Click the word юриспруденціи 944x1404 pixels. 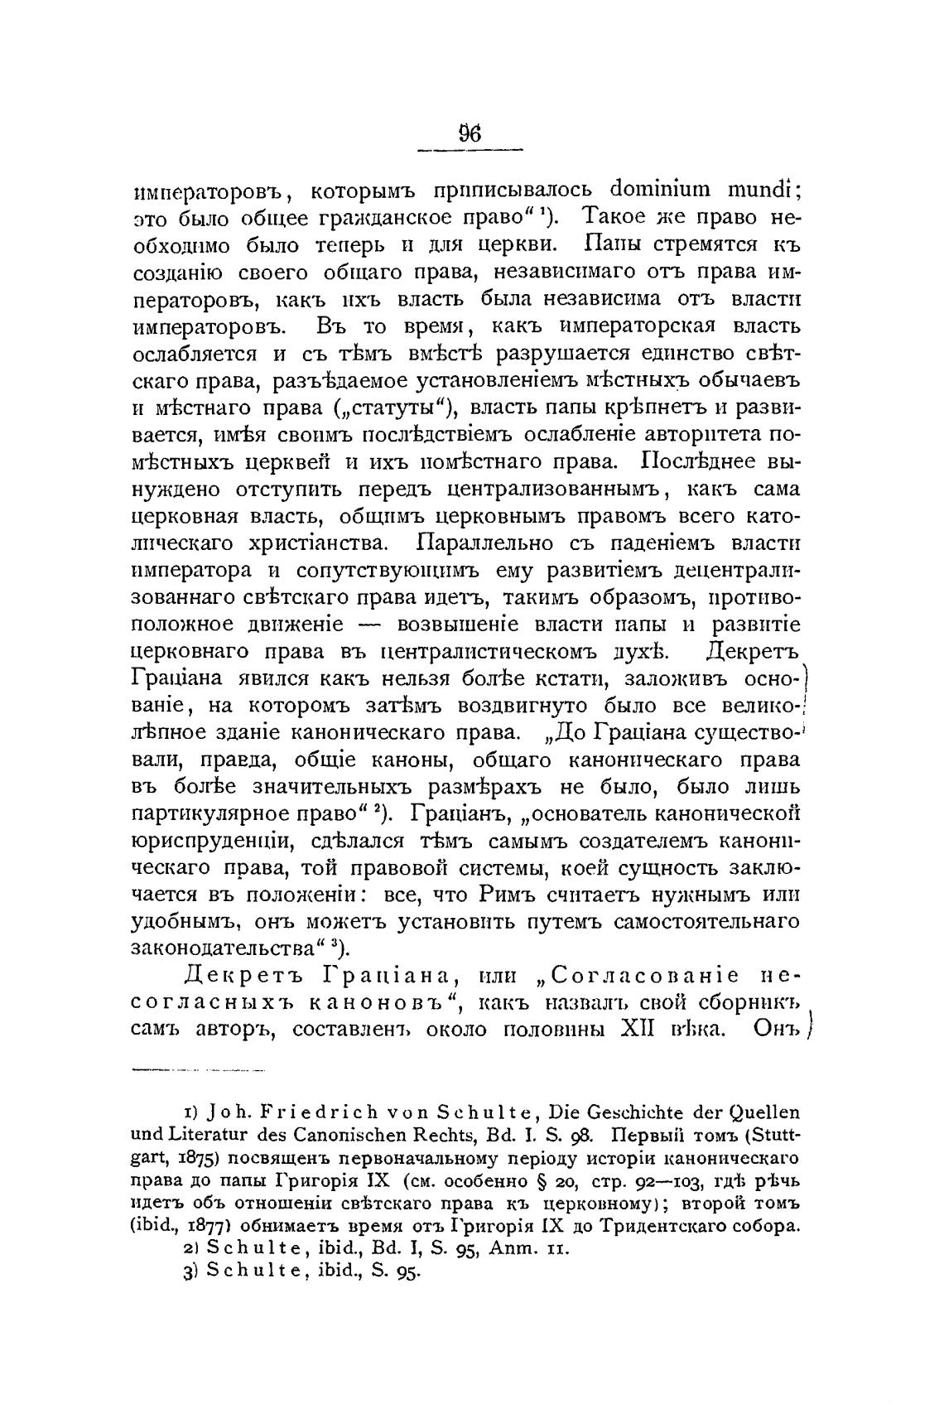211,842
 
